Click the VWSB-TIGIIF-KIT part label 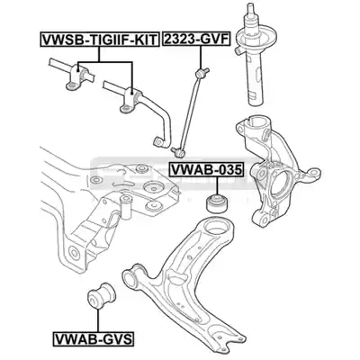[x=99, y=40]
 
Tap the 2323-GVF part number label [x=196, y=39]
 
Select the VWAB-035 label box [x=206, y=170]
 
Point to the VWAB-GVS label [x=94, y=338]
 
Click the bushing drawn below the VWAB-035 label [x=216, y=204]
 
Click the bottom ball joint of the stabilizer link [x=179, y=153]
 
